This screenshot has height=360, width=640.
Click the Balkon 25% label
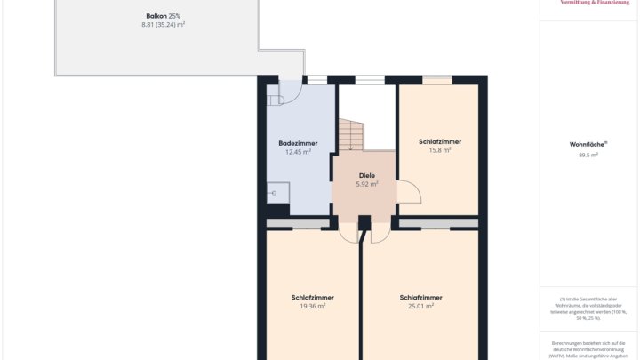pos(163,16)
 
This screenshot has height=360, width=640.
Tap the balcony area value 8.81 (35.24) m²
pos(163,25)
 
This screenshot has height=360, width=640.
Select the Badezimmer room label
pos(298,143)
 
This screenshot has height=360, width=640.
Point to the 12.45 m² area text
pos(298,152)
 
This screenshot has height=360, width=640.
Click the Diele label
pos(367,175)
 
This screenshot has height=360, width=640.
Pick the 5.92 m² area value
pos(367,184)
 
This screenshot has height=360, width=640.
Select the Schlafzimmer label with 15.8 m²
pos(440,141)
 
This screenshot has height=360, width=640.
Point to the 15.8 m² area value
pos(440,150)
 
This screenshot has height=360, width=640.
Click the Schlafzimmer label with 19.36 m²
pos(312,297)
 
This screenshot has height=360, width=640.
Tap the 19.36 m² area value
pos(312,306)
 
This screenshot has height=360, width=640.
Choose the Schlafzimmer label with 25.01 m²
pos(420,297)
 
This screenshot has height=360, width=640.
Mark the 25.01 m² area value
pos(420,306)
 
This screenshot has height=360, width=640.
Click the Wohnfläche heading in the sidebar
pos(588,144)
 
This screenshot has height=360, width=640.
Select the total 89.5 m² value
pos(588,155)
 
